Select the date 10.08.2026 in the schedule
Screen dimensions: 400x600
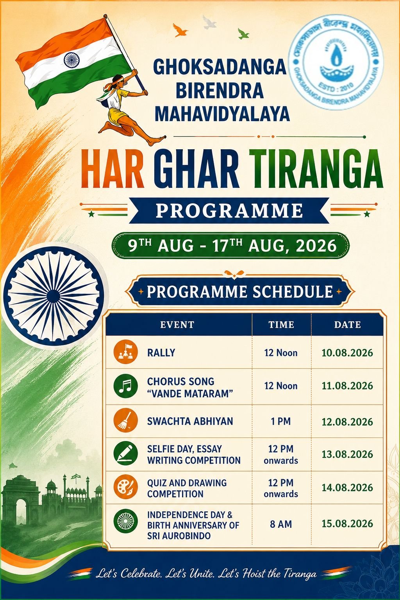tap(347, 353)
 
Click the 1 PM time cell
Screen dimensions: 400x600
tap(281, 421)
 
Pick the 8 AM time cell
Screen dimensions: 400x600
tap(281, 524)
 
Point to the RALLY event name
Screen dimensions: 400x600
tap(161, 353)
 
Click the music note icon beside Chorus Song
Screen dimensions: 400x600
tap(126, 386)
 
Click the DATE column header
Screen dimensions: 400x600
tap(348, 325)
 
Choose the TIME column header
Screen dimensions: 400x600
tap(281, 325)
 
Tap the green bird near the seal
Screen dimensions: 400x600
tap(243, 34)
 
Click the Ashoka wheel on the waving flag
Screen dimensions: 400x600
tap(71, 60)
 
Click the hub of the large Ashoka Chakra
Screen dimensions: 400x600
tap(53, 295)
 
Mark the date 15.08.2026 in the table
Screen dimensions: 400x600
tap(347, 524)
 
